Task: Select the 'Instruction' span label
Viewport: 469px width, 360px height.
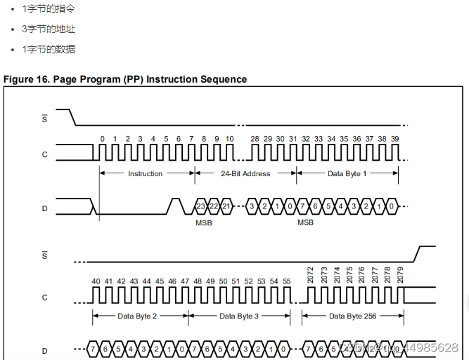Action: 145,173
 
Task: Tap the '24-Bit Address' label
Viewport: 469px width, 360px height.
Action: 245,173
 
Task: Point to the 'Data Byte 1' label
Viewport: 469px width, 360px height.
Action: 347,173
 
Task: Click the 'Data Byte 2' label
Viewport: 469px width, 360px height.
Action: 137,316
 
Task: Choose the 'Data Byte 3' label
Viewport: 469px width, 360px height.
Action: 239,316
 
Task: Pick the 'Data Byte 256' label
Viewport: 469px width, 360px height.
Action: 352,316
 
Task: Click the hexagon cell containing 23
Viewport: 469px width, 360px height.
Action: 200,206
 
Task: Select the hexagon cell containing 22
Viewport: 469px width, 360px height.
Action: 213,206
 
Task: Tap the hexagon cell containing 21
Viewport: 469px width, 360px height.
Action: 226,206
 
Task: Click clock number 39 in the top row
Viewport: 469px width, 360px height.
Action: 394,139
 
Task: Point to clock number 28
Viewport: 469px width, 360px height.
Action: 255,139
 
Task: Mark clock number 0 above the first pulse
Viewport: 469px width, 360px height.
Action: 102,139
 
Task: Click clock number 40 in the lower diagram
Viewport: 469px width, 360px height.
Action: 96,281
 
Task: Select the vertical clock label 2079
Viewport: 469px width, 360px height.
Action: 400,274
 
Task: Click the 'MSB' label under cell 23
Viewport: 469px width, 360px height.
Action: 203,222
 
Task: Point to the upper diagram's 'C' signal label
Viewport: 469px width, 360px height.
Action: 45,154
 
